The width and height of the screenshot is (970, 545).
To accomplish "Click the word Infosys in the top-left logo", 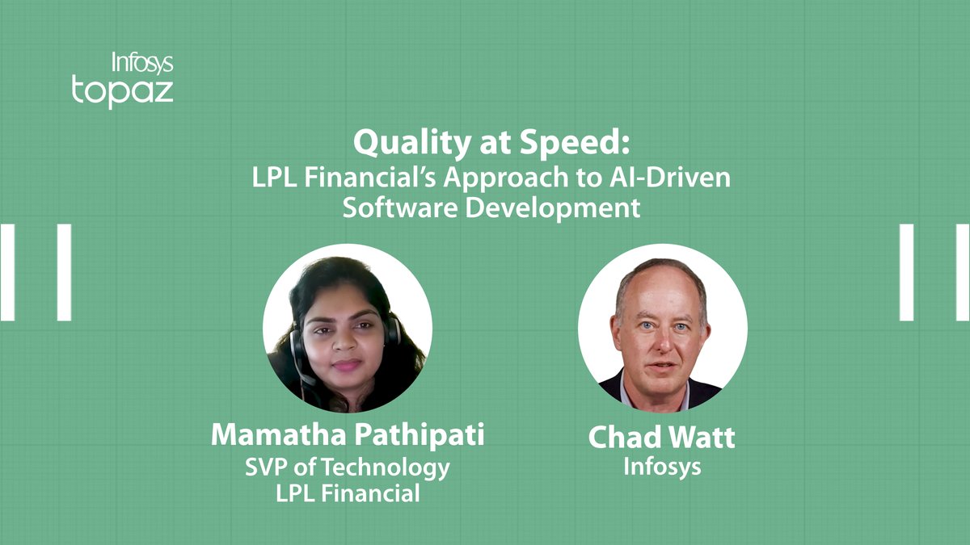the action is [142, 63].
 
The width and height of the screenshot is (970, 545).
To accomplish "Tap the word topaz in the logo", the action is [123, 91].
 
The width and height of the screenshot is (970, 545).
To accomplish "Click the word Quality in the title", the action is [411, 144].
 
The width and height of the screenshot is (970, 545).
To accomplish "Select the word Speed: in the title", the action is [575, 142].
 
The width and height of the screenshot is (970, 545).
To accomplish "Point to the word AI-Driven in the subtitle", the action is [670, 178].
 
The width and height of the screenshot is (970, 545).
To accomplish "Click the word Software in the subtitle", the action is [400, 208].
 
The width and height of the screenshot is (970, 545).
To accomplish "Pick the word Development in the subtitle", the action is [553, 208].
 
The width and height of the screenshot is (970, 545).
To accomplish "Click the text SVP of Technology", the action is [348, 468].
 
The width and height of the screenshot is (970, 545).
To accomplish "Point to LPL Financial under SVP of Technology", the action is [348, 493].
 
